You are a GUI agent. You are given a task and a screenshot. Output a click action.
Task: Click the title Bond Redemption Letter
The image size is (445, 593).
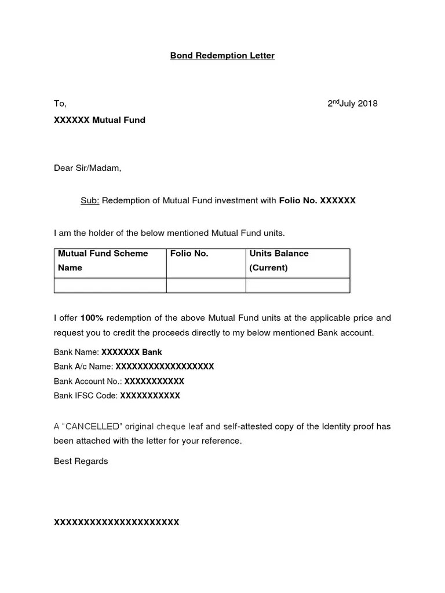[222, 56]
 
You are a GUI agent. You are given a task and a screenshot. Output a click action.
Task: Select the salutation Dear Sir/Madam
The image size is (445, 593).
[87, 169]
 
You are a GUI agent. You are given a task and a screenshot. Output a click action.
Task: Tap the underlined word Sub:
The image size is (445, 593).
[90, 200]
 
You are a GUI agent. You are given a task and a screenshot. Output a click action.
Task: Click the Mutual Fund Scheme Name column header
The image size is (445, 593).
[103, 261]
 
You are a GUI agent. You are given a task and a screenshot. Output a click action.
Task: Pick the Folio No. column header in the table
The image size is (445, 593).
[189, 254]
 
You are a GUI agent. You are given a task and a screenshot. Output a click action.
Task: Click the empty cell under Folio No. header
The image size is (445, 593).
[206, 285]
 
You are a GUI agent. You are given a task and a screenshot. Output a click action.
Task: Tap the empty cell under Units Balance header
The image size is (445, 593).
[298, 285]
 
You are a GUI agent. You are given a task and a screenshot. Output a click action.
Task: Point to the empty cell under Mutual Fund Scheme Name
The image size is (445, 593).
[110, 285]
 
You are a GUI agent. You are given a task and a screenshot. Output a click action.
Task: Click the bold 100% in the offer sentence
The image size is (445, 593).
[92, 318]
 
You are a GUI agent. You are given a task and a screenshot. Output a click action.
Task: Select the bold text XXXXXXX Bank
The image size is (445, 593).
[132, 352]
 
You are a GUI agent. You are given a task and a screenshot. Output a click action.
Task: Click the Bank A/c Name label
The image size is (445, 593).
[84, 367]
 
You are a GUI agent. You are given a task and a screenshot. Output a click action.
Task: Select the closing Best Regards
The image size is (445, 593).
[81, 462]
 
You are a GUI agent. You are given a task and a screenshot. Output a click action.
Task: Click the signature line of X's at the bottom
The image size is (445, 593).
[116, 522]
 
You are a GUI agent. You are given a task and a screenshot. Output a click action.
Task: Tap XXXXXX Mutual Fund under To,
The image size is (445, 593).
[100, 120]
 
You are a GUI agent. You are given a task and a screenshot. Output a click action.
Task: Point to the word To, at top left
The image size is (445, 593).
[60, 104]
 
